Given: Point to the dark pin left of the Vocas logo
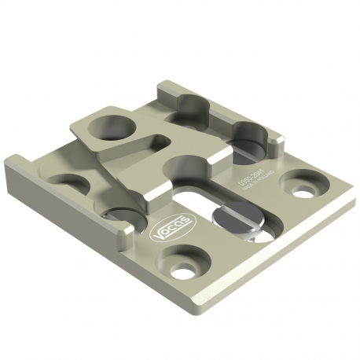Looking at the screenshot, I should pos(124,215).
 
